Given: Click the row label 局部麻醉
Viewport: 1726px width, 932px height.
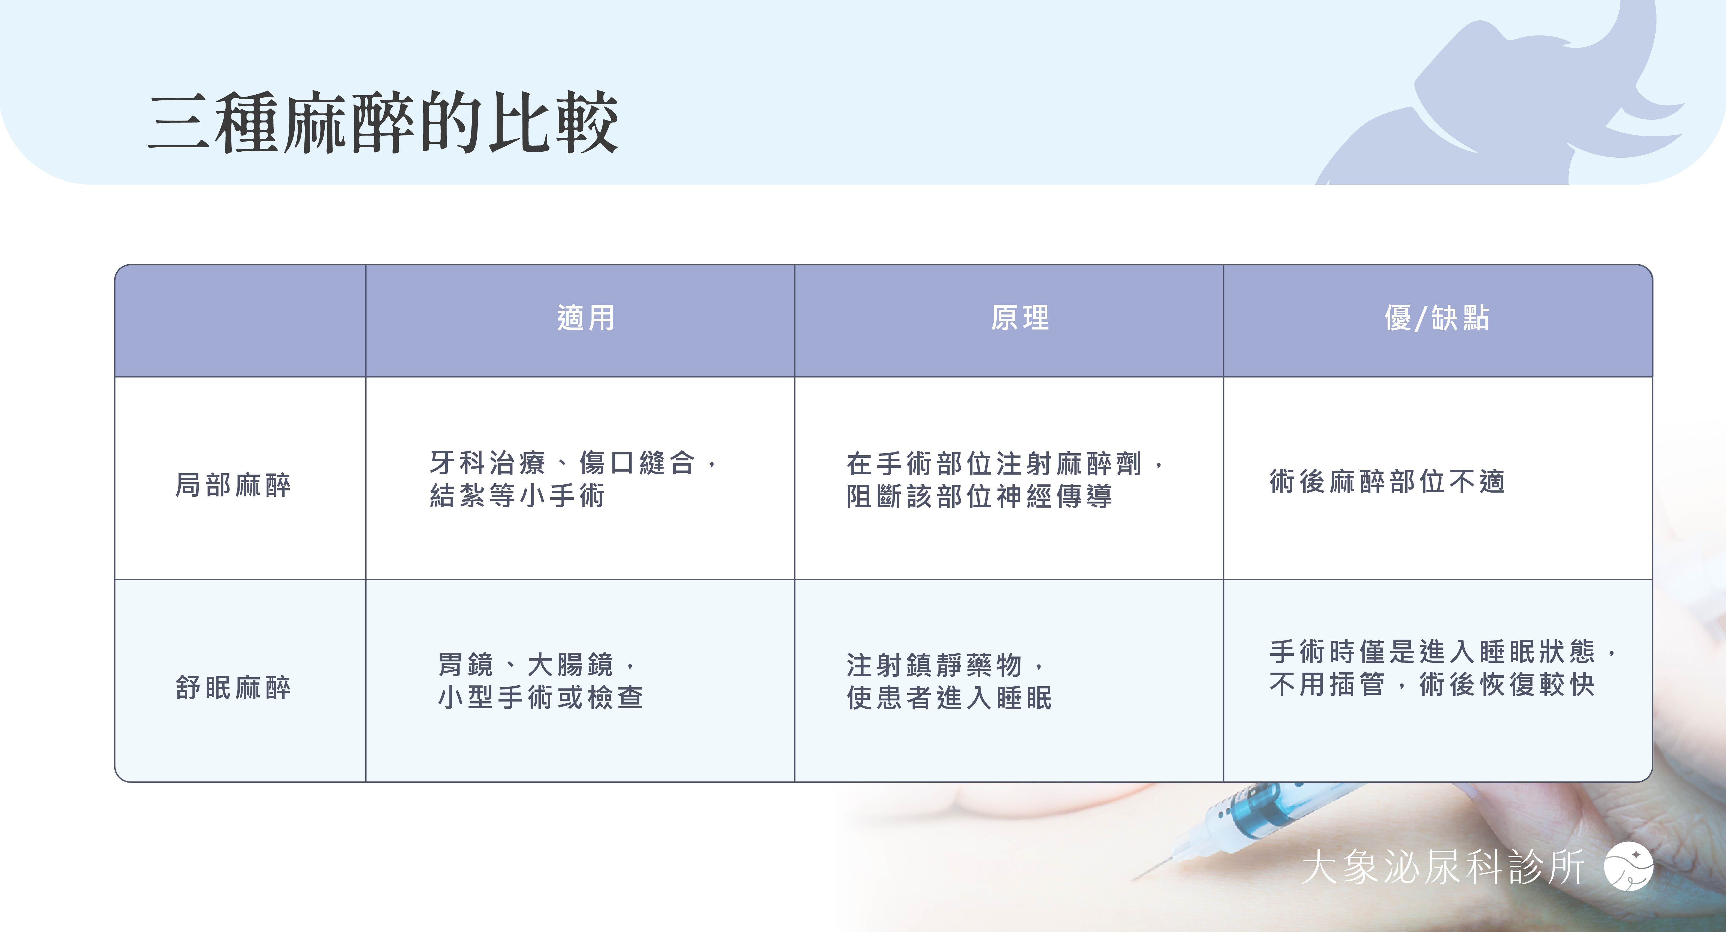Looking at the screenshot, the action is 233,485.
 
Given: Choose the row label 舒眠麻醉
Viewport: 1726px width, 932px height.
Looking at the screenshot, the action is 233,687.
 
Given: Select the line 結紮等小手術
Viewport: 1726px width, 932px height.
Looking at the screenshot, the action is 517,496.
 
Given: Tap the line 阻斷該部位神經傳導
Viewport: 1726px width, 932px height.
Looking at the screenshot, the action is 980,496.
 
